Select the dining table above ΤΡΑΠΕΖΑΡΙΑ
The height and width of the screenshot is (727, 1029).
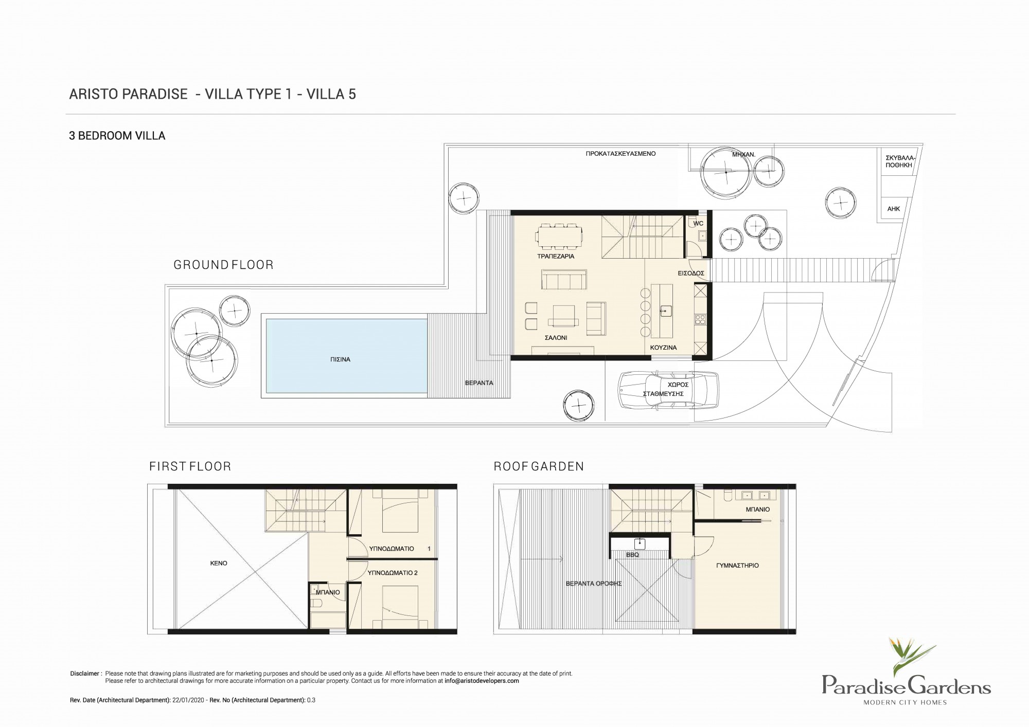[x=559, y=235]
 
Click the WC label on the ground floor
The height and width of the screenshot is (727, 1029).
[x=698, y=224]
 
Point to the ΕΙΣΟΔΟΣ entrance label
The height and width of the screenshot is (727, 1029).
[x=691, y=274]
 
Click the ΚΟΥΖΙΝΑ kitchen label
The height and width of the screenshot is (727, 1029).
[x=663, y=348]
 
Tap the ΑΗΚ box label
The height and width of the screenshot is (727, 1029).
[x=894, y=209]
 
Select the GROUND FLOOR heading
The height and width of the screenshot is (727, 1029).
[x=223, y=265]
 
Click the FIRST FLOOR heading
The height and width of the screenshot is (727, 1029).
[x=190, y=466]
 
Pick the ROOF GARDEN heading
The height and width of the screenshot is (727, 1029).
[x=539, y=466]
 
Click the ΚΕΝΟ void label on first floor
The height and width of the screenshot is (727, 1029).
[x=219, y=563]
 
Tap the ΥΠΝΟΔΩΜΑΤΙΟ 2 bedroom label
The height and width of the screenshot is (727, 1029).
[x=393, y=573]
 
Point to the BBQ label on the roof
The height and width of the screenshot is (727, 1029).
[x=632, y=555]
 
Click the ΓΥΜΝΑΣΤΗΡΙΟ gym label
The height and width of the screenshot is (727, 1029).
[x=737, y=566]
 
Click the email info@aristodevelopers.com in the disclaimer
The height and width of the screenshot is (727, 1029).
[x=482, y=681]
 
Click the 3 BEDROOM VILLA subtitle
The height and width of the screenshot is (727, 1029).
[x=117, y=136]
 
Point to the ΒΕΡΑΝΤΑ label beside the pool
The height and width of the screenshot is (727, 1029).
[x=479, y=383]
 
